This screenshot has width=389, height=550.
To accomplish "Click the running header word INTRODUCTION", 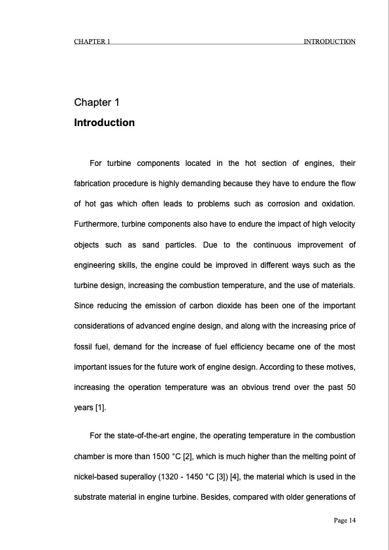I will pyautogui.click(x=330, y=42).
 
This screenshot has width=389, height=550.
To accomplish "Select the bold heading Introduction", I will pyautogui.click(x=105, y=123).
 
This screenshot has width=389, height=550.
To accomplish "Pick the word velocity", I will pyautogui.click(x=339, y=225).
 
